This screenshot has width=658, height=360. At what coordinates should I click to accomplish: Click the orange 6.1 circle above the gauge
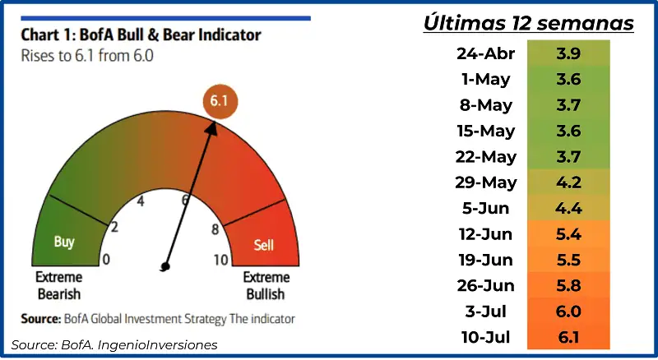[220, 101]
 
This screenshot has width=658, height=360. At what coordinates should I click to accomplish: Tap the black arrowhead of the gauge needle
[212, 128]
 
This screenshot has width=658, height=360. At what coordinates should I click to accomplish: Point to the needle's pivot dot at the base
[165, 266]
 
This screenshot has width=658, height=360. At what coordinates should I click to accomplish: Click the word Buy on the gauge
[64, 242]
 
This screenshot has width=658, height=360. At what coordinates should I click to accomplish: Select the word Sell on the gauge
[263, 245]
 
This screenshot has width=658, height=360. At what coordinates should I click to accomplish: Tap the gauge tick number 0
[106, 259]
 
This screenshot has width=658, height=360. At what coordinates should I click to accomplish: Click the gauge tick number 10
[221, 261]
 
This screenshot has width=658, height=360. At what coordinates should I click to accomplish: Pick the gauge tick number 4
[141, 201]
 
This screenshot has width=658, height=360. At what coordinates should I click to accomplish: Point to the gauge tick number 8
[215, 229]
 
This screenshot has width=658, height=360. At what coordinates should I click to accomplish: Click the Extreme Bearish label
[58, 285]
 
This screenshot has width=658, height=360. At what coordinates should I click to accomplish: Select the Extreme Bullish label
[266, 285]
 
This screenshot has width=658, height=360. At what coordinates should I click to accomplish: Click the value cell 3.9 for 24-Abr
[568, 53]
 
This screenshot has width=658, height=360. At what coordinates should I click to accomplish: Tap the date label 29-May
[486, 183]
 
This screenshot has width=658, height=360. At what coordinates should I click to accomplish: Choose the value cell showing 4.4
[568, 208]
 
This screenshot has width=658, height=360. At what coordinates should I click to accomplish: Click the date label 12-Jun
[485, 234]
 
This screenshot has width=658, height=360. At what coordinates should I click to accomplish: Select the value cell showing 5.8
[568, 286]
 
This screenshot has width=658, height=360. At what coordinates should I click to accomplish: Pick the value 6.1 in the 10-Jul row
[568, 337]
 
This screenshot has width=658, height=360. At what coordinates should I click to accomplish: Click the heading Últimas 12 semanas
[528, 22]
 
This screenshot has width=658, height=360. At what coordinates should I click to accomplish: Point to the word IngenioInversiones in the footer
[157, 345]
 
